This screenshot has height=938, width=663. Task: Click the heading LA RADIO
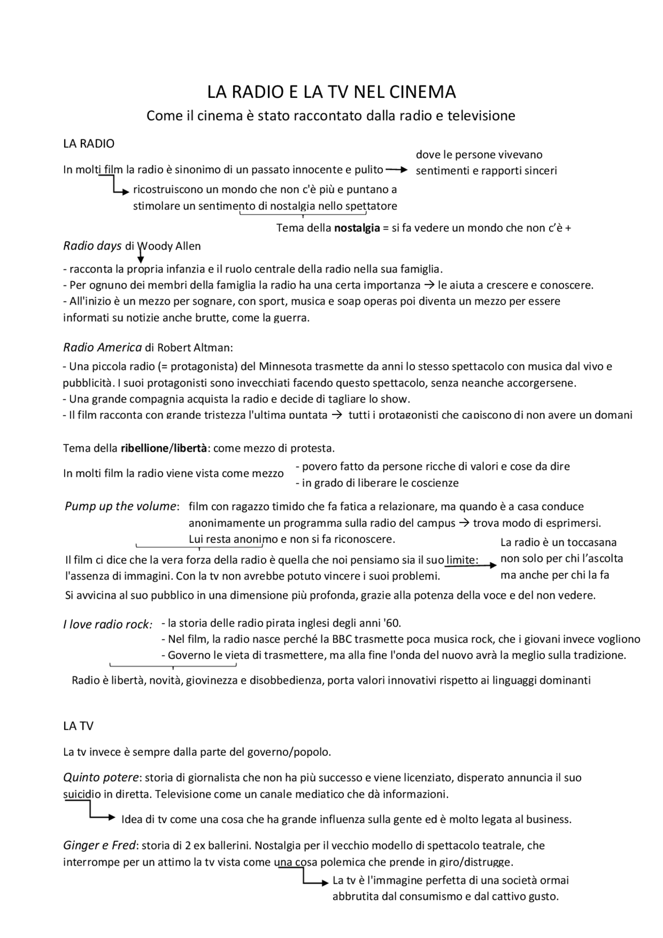(89, 144)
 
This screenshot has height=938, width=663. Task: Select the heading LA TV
(78, 726)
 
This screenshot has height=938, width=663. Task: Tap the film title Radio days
(92, 246)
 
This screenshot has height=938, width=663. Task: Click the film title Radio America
(102, 348)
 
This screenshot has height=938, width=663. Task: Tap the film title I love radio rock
(107, 625)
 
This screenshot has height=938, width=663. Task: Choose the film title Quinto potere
(101, 777)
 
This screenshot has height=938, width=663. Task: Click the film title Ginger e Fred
(99, 846)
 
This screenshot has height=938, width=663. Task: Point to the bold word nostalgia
(357, 228)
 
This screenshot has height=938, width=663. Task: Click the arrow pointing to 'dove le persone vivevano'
(397, 170)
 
